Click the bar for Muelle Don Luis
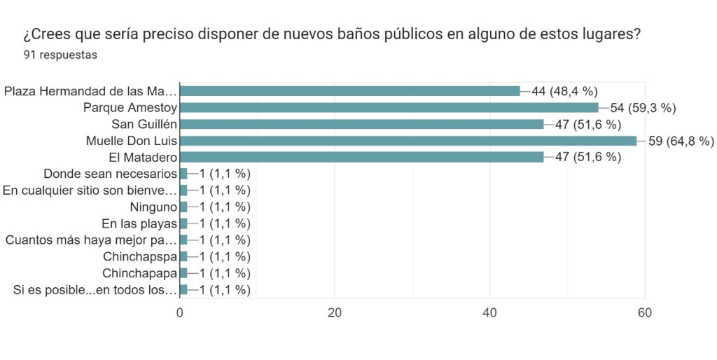click(408, 141)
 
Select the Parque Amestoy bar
click(389, 107)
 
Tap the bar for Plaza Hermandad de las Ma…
click(350, 91)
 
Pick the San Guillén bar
click(361, 124)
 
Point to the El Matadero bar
click(361, 157)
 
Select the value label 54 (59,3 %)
click(642, 107)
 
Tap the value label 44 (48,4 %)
click(564, 91)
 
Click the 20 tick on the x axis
click(335, 313)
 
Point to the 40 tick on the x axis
click(490, 313)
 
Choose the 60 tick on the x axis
click(645, 313)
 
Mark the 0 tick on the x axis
click(180, 313)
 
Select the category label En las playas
click(139, 223)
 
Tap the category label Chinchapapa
click(139, 273)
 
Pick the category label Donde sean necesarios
click(110, 174)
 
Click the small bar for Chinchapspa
click(183, 256)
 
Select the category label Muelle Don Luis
click(131, 141)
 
